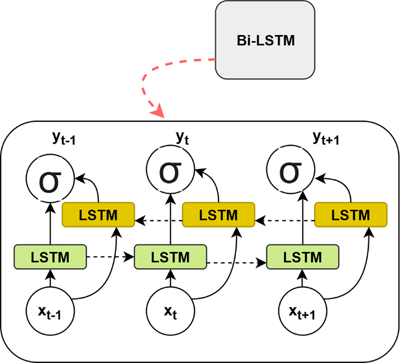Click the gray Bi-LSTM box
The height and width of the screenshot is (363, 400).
(x=265, y=40)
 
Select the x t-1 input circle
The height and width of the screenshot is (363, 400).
(x=50, y=311)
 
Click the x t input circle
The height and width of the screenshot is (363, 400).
(x=170, y=311)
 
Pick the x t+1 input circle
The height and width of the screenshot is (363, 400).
(x=303, y=311)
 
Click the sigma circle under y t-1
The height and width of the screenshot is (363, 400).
(x=50, y=178)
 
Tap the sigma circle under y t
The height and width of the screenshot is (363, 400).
(x=170, y=169)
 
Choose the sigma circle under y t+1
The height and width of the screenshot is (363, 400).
(x=291, y=169)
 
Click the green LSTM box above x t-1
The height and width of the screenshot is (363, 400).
(x=50, y=257)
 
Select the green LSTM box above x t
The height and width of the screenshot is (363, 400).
(x=170, y=257)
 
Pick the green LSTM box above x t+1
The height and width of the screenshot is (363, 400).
(x=303, y=257)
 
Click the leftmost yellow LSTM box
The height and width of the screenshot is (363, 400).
(x=98, y=215)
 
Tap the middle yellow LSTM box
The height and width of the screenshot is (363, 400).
(x=218, y=215)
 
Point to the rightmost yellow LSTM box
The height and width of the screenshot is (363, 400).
(x=351, y=215)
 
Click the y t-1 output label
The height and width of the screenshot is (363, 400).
(x=64, y=138)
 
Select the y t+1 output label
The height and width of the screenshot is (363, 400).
(x=326, y=138)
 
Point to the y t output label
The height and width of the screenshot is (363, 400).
(x=182, y=138)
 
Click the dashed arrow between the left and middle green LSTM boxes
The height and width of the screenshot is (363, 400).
(x=110, y=257)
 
